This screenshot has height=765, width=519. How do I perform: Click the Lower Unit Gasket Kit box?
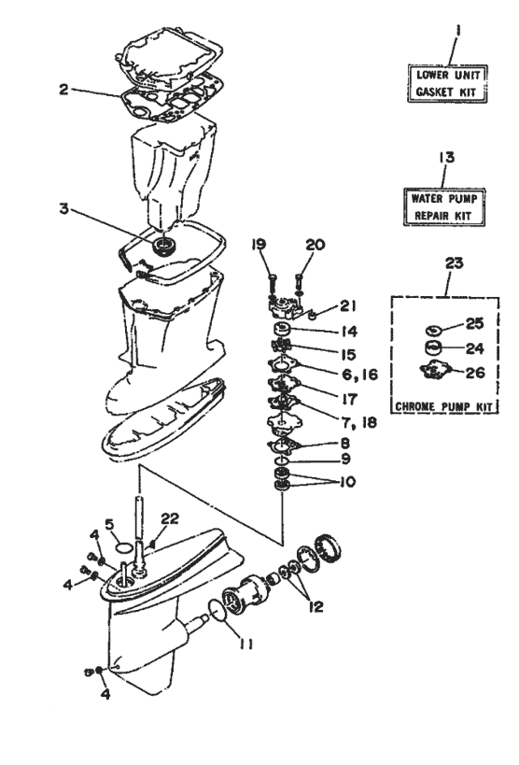tap(444, 83)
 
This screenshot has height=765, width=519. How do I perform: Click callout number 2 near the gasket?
tap(62, 92)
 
